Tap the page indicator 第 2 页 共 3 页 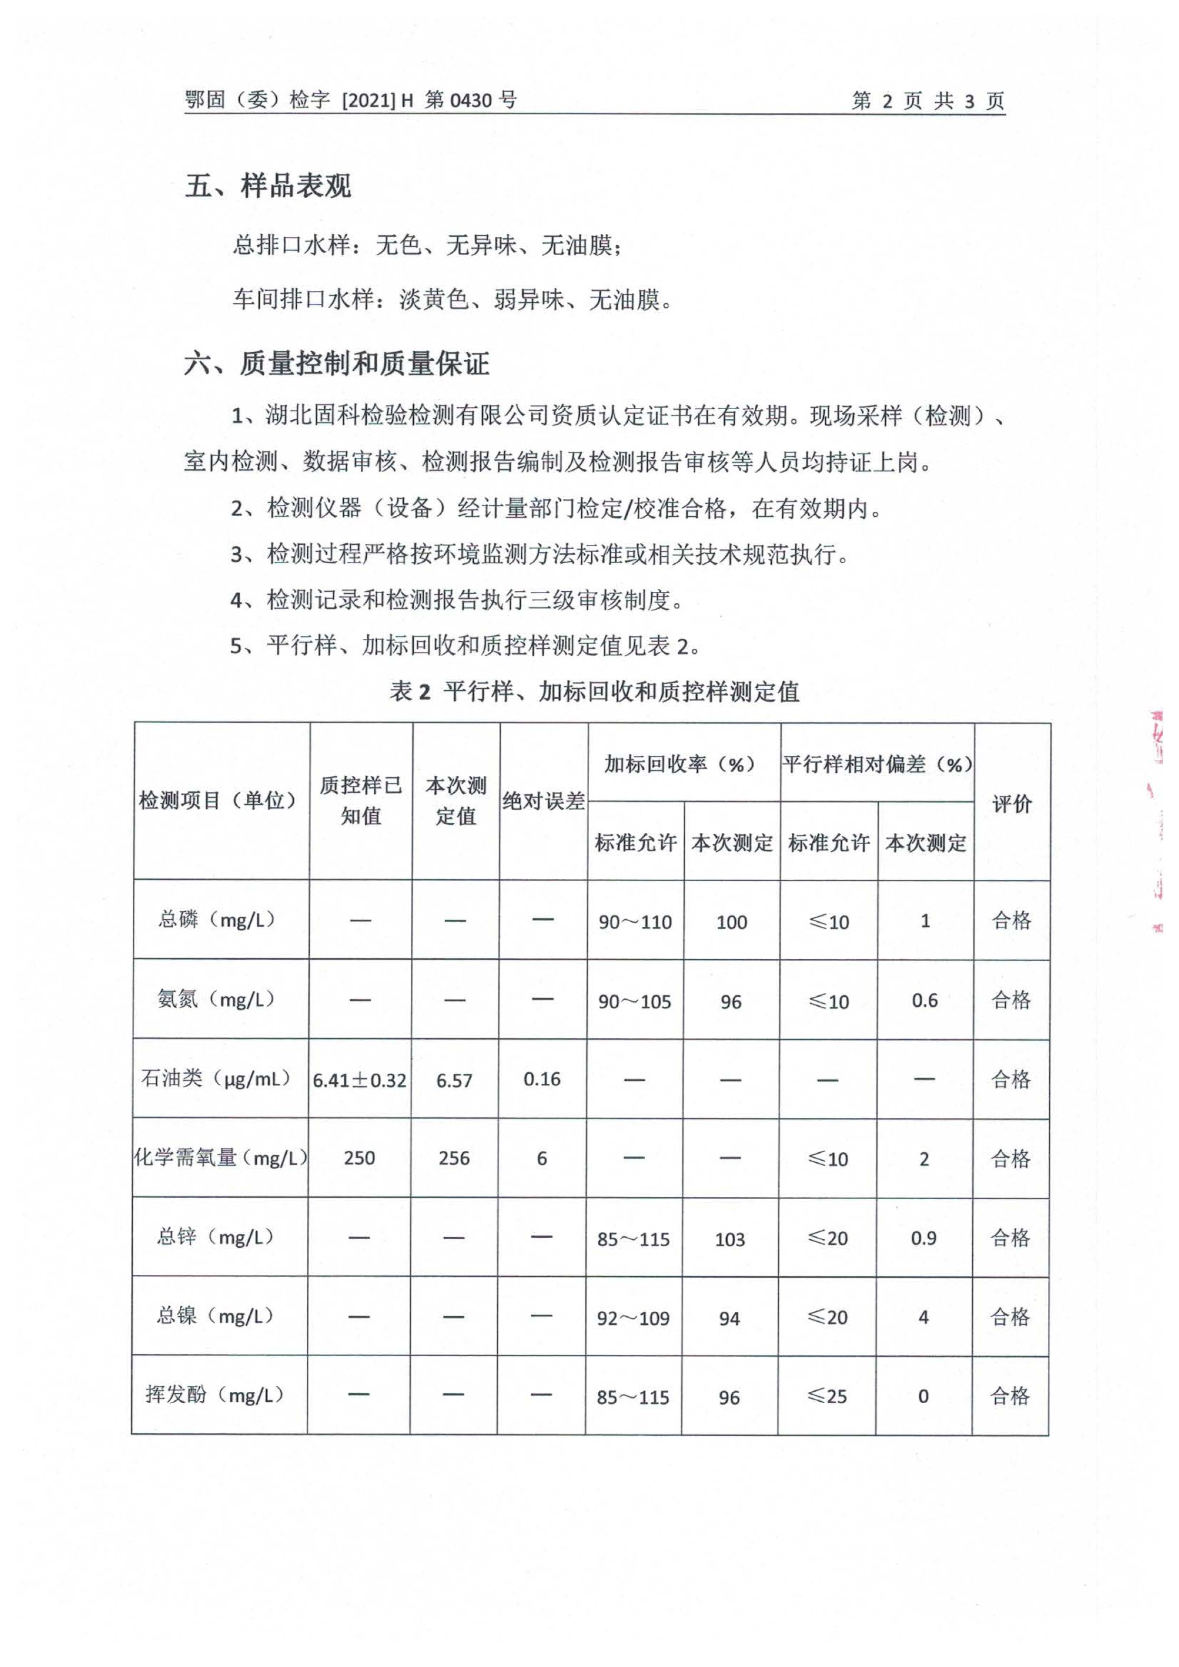pos(928,101)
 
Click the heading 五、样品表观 pos(268,187)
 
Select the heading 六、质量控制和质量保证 pos(336,363)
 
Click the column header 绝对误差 pos(544,801)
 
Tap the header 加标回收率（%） pos(683,764)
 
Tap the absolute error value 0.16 pos(542,1079)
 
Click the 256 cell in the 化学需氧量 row pos(454,1158)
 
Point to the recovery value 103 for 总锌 pos(730,1239)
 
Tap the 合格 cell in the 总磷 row pos(1011,921)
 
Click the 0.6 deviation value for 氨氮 pos(925,1001)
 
